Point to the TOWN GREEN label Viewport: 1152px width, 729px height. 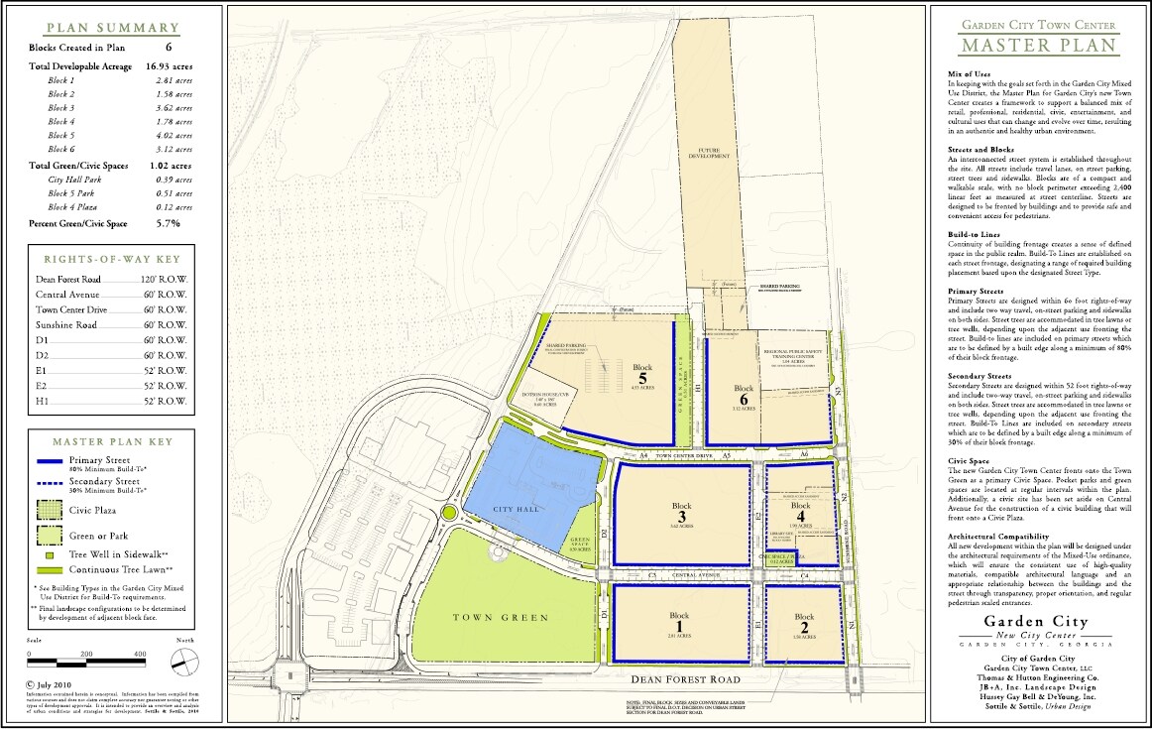point(501,618)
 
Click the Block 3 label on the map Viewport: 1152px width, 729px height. point(680,511)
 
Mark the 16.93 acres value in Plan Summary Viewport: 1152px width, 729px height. point(169,64)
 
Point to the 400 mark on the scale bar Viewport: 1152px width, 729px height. point(140,655)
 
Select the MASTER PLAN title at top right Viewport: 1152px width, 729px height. point(1038,46)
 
